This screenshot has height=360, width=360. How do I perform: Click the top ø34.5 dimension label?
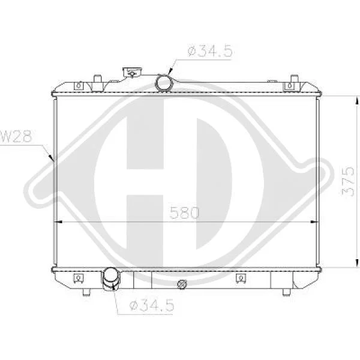(x=210, y=51)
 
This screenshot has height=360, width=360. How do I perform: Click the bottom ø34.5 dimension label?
(x=151, y=305)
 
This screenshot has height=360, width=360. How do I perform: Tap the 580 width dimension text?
(x=184, y=212)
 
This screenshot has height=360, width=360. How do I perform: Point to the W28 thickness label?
(x=17, y=136)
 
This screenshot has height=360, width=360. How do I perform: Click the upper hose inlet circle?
(x=164, y=83)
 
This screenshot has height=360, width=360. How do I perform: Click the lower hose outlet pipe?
(x=112, y=279)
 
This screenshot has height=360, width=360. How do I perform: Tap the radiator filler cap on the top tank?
(x=132, y=73)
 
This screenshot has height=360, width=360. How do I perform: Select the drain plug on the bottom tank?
(x=182, y=284)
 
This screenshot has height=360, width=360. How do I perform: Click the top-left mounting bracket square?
(x=79, y=86)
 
